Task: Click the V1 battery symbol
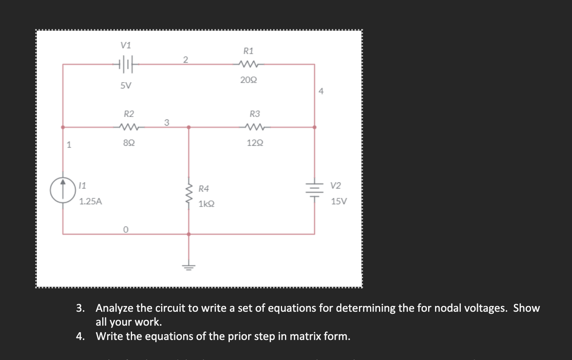126,64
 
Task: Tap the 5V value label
126,85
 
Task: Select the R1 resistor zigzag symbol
248,64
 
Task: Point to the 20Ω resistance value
249,80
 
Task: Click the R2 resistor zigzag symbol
129,127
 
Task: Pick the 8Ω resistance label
129,143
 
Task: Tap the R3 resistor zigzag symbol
255,127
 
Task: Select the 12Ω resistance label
255,143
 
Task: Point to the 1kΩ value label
206,204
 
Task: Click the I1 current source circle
63,191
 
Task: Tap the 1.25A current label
90,201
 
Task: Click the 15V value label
339,201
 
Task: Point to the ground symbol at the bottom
188,267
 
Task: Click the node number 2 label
185,60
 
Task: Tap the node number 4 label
321,92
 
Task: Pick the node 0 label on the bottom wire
126,230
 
